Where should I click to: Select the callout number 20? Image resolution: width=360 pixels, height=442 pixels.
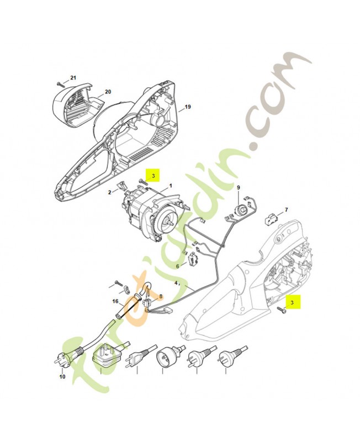108,92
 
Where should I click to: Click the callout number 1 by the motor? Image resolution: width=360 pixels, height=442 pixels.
171,186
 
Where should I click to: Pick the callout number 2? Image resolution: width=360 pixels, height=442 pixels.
109,192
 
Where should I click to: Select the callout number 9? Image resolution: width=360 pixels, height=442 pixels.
239,188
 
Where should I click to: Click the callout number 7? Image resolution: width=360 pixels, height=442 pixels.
286,210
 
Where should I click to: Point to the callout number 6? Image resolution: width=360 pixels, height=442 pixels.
178,266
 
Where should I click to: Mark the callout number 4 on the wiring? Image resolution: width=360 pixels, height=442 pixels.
177,282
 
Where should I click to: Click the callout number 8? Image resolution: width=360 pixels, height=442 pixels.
161,296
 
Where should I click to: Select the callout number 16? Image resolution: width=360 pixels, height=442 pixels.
116,302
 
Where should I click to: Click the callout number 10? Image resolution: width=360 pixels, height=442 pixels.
62,377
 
